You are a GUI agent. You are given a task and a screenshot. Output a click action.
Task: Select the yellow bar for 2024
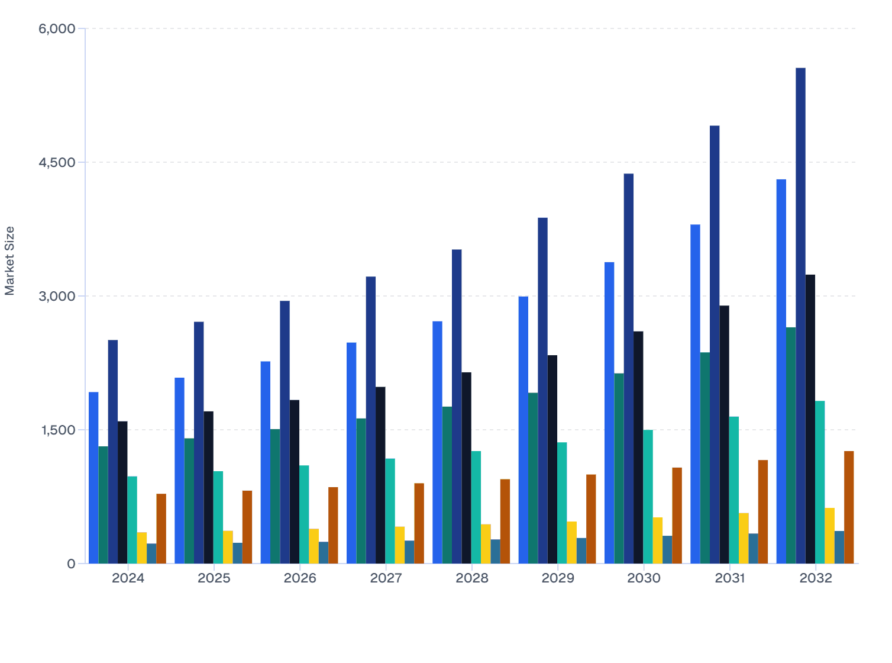pyautogui.click(x=142, y=548)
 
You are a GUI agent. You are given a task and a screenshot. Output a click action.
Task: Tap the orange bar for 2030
pyautogui.click(x=677, y=516)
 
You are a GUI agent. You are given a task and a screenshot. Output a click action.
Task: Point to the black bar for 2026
pyautogui.click(x=295, y=482)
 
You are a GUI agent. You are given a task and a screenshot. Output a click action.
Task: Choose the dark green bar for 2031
pyautogui.click(x=705, y=458)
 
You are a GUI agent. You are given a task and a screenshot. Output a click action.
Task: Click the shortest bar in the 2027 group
pyautogui.click(x=409, y=552)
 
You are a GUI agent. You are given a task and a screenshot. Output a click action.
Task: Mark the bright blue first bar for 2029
pyautogui.click(x=523, y=430)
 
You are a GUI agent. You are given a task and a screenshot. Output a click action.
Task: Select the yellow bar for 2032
pyautogui.click(x=829, y=536)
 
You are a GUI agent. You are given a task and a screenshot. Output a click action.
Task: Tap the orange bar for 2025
pyautogui.click(x=247, y=527)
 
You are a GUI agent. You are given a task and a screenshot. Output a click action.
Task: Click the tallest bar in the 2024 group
pyautogui.click(x=113, y=452)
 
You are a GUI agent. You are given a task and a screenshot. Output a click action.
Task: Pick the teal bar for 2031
pyautogui.click(x=734, y=490)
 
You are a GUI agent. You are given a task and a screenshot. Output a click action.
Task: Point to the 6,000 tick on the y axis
pyautogui.click(x=57, y=28)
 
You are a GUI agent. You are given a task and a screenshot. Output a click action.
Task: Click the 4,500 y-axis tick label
pyautogui.click(x=57, y=162)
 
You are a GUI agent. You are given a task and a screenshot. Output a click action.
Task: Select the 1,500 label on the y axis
pyautogui.click(x=57, y=430)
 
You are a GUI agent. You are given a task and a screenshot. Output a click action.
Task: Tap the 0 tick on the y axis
pyautogui.click(x=72, y=564)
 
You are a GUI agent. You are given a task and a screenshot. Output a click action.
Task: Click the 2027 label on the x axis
pyautogui.click(x=386, y=578)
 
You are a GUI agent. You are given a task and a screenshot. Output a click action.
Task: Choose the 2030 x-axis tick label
pyautogui.click(x=644, y=578)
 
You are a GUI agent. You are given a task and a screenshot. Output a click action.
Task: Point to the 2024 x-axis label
pyautogui.click(x=128, y=578)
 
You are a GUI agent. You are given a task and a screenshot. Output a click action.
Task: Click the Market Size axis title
pyautogui.click(x=9, y=260)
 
